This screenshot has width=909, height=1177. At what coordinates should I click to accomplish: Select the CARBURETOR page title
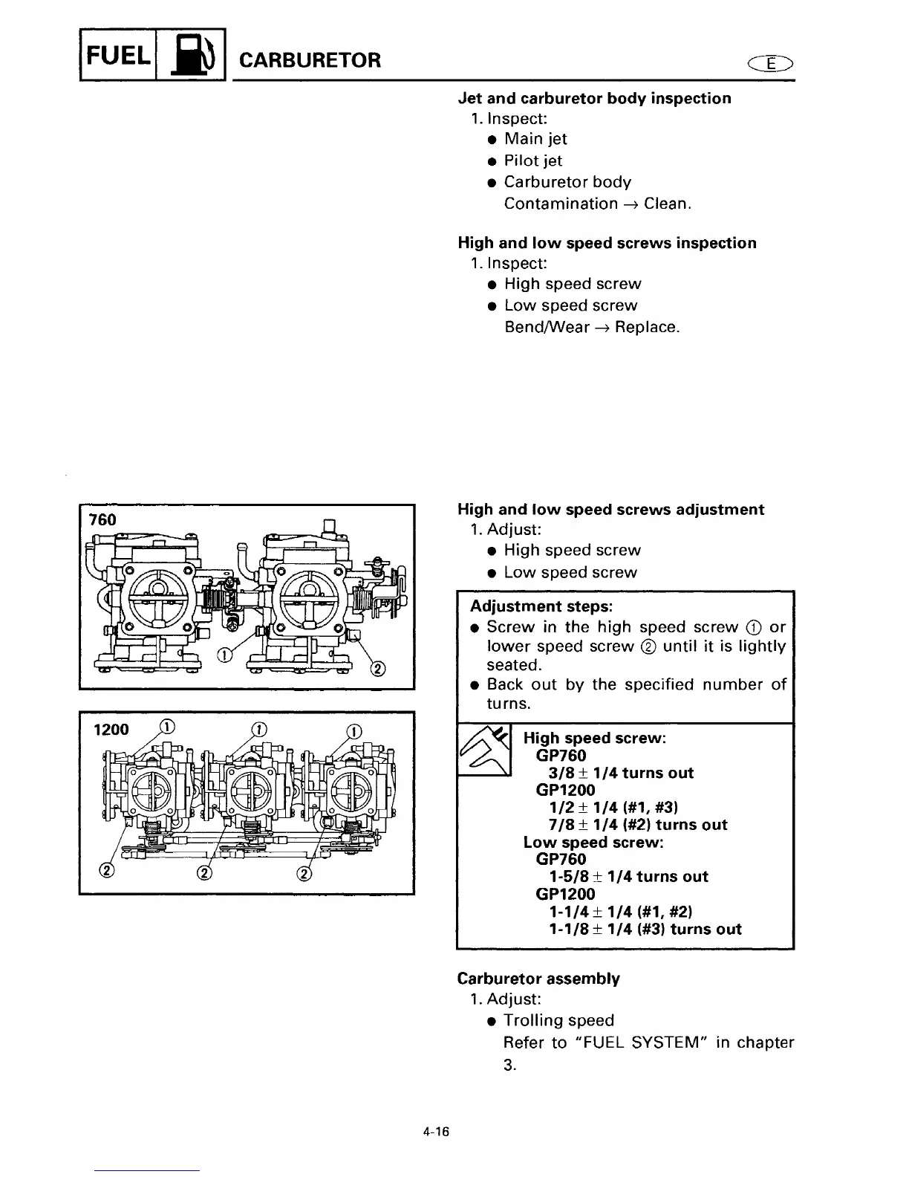[310, 60]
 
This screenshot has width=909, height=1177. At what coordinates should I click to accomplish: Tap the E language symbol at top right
[771, 64]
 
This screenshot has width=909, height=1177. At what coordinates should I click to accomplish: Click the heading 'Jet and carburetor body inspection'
[594, 98]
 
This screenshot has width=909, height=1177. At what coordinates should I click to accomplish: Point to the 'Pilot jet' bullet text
[532, 160]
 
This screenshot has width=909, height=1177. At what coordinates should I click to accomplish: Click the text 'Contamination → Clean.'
[597, 204]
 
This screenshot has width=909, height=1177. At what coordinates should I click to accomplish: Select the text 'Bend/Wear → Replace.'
[591, 327]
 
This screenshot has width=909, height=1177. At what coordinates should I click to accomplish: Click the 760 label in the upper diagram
[102, 520]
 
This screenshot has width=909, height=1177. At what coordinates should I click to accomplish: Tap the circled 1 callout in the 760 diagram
[223, 654]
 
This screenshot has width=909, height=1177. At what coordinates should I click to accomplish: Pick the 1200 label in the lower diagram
[111, 730]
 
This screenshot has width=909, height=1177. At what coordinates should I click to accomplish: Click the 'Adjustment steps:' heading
[541, 606]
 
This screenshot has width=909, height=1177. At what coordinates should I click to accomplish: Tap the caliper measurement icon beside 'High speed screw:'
[484, 750]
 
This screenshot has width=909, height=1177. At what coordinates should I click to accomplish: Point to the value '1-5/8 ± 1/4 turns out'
[628, 877]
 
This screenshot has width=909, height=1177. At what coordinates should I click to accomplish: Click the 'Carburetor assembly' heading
[538, 979]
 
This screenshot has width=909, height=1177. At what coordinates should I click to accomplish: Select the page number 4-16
[437, 1132]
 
